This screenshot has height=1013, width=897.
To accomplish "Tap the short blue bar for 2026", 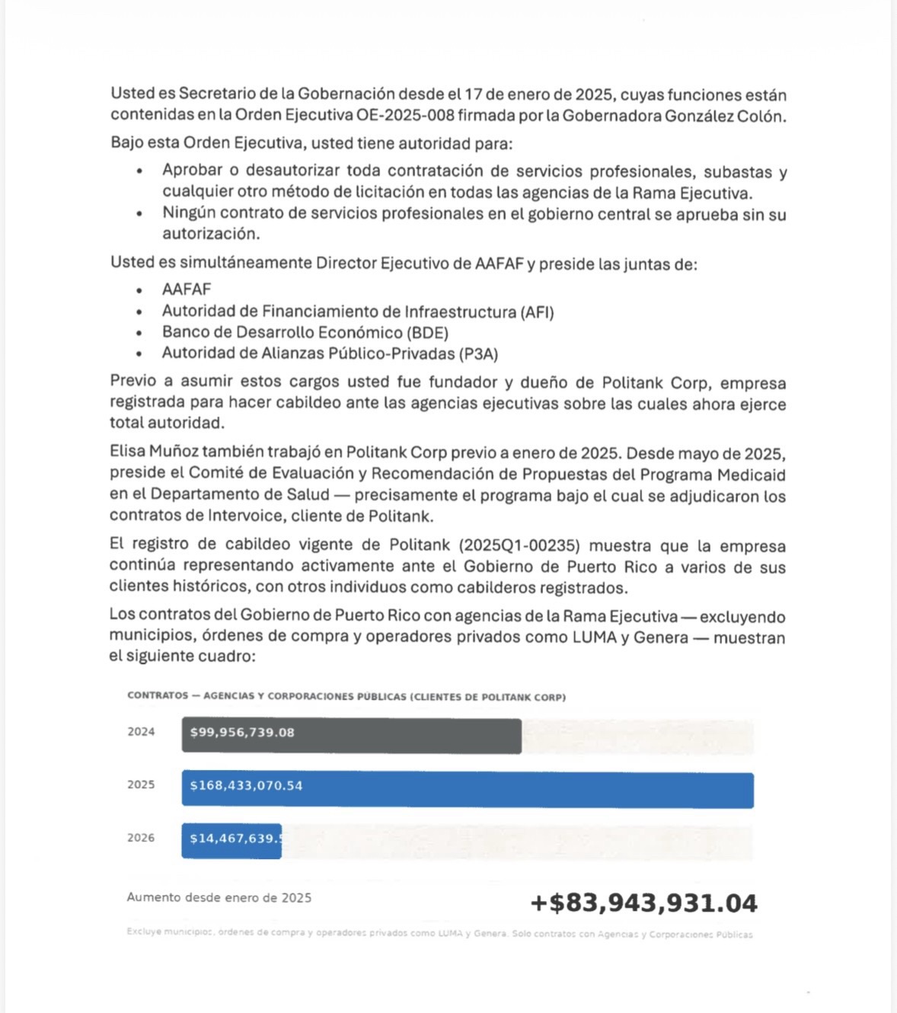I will tap(231, 841).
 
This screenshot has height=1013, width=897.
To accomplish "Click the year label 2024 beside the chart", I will tap(141, 732).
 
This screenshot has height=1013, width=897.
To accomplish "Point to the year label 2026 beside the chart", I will tap(141, 838).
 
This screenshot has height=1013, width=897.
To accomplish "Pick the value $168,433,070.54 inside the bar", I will tap(246, 785).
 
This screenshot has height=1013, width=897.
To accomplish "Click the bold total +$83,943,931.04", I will tap(643, 903).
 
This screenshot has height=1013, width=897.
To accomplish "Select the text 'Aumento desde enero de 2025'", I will tap(219, 898).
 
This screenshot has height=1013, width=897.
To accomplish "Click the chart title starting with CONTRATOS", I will tap(346, 696).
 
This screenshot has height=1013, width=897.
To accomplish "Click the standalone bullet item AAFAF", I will tap(187, 289).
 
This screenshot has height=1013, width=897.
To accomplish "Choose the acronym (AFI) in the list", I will tap(537, 312).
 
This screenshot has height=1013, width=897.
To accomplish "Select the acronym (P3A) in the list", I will tap(478, 353).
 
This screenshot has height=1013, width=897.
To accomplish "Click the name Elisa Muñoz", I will tap(154, 452).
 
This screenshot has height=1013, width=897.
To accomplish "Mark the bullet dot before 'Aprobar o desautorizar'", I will tap(139, 171).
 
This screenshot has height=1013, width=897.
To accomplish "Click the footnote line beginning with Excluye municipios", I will tap(439, 934).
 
